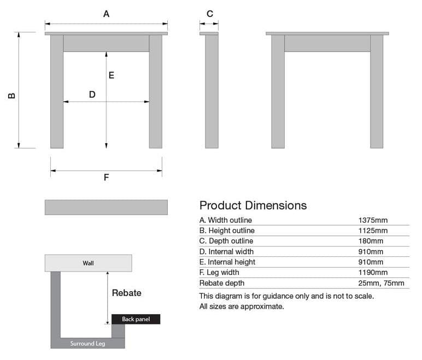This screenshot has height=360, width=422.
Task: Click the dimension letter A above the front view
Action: click(106, 14)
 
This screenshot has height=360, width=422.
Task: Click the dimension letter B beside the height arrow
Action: click(11, 96)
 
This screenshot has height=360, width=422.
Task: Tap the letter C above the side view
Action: click(210, 14)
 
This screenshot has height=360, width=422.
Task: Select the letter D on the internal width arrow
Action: click(92, 95)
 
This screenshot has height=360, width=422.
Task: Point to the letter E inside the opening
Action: click(112, 75)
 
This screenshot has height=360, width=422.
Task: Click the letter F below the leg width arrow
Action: click(106, 178)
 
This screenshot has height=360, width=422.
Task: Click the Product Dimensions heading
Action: click(253, 205)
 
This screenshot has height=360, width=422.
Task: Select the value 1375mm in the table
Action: click(373, 220)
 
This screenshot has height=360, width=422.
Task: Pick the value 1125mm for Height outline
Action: click(373, 231)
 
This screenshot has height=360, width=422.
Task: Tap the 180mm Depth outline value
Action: click(371, 241)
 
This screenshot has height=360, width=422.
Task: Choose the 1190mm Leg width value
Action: click(373, 273)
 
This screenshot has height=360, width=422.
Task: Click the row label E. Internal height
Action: click(227, 262)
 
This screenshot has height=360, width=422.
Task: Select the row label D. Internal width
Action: click(226, 252)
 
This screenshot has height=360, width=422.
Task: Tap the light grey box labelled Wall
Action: click(88, 263)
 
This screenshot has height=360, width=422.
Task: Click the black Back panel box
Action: click(136, 319)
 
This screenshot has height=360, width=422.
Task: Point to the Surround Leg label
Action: click(87, 344)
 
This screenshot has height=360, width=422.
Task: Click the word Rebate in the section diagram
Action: click(126, 293)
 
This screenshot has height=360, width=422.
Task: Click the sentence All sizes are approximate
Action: click(242, 306)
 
